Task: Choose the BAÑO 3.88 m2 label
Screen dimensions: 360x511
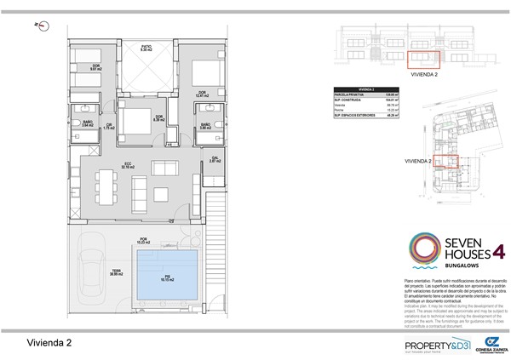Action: tap(205, 127)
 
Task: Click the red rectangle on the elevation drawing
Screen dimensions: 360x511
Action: tap(422, 59)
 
